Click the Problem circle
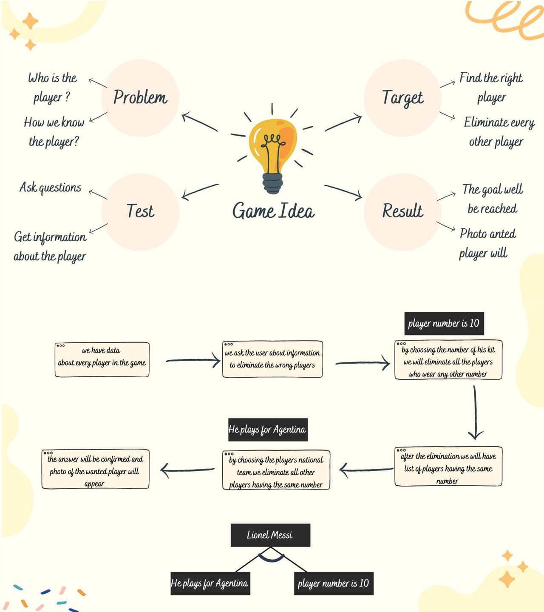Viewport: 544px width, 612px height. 140,98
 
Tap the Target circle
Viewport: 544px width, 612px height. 402,98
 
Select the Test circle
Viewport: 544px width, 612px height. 140,212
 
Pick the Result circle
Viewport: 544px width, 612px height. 402,212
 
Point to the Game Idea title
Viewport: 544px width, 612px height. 273,211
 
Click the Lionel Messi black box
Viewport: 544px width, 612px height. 270,535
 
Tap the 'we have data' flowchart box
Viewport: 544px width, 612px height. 102,359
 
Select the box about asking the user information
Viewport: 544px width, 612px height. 272,359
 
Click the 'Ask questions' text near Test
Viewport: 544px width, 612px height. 51,188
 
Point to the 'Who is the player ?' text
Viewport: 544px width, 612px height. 52,88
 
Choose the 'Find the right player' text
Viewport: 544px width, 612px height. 491,88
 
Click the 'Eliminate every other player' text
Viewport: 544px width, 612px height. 499,132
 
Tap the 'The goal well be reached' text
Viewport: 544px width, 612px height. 493,199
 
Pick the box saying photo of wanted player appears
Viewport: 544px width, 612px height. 95,469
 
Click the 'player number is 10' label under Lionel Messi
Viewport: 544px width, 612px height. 334,584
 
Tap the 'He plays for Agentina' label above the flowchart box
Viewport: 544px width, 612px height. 268,430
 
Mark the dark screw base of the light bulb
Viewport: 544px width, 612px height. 272,183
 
